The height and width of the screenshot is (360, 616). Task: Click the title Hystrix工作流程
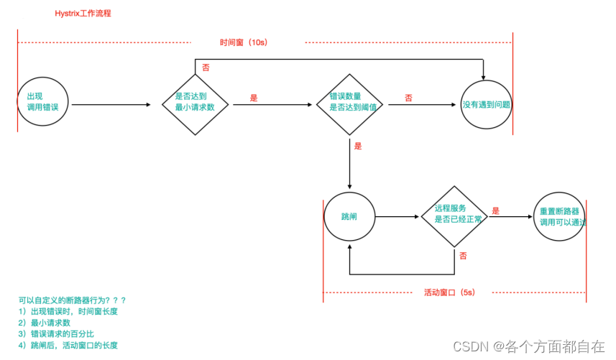pos(83,14)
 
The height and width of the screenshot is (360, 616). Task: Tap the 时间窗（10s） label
pos(244,42)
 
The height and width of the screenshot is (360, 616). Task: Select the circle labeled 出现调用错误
pos(43,101)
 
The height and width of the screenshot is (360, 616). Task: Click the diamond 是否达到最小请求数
pos(195,101)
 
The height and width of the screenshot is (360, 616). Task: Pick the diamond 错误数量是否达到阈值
pos(350,101)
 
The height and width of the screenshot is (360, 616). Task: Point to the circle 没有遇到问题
pos(487,104)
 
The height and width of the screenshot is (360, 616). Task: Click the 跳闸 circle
pos(349,216)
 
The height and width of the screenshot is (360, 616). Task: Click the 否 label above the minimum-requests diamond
pos(206,67)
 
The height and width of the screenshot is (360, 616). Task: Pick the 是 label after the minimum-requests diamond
pos(254,97)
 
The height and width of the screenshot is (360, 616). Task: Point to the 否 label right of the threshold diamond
pos(408,98)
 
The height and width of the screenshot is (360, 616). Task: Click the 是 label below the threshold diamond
pos(358,146)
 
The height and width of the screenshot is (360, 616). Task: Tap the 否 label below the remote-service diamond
pos(463,256)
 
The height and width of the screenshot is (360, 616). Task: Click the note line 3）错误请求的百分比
pos(57,334)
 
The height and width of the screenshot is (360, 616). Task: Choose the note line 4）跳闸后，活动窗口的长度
pos(68,346)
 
